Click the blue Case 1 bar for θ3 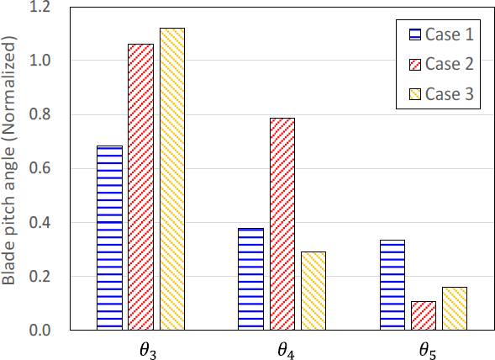(110, 238)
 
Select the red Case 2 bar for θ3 (141, 187)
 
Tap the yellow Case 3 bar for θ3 (171, 178)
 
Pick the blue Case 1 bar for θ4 (251, 279)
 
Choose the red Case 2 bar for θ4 (282, 224)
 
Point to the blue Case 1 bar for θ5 (392, 285)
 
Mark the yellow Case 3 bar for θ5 (454, 309)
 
